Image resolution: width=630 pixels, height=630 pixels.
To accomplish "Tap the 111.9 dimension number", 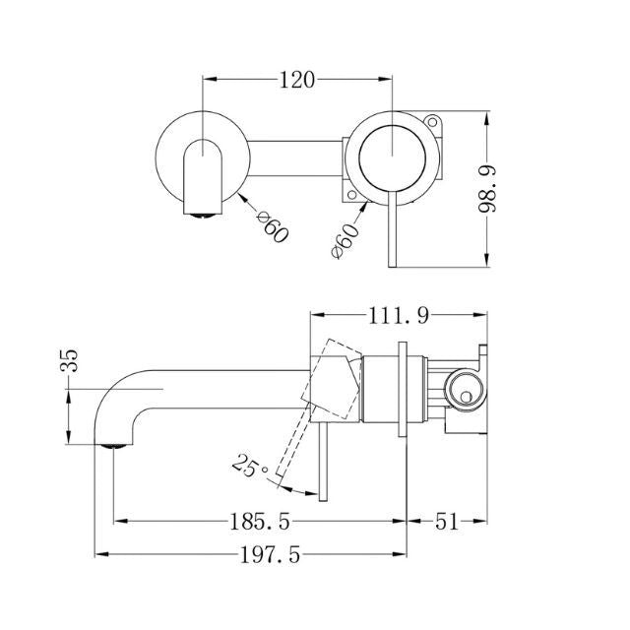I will click(x=399, y=316).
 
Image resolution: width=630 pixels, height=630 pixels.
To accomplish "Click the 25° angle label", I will click(x=250, y=463).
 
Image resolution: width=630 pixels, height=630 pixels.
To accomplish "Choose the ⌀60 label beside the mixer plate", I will click(x=346, y=239).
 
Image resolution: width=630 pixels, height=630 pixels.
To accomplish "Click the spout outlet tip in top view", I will click(x=200, y=209).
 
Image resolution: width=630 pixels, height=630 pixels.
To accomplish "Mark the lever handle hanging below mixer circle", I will click(x=394, y=231).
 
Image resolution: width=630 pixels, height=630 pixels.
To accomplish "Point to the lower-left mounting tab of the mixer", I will click(x=355, y=196).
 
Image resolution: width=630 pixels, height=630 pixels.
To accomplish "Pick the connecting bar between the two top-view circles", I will click(x=295, y=154).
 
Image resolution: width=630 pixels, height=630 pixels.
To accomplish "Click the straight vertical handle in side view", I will click(x=321, y=463).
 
